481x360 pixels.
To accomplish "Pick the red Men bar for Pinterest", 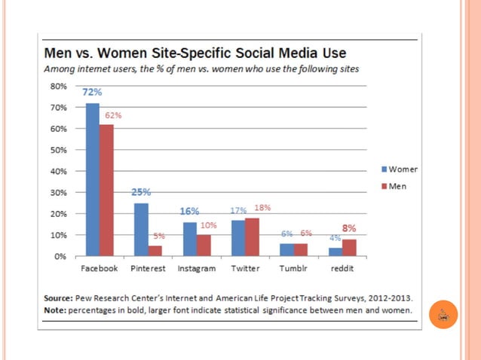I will click(x=155, y=251).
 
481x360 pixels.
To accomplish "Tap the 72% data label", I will click(x=92, y=92).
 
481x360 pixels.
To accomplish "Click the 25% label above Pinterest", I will click(x=141, y=192).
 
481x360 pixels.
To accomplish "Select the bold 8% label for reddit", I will click(x=350, y=227).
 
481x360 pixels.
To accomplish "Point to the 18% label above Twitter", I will click(x=262, y=208).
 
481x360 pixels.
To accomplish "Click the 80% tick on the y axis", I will click(x=58, y=86).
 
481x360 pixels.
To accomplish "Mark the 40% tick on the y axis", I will click(x=58, y=171).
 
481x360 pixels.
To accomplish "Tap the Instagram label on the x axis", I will click(x=196, y=268).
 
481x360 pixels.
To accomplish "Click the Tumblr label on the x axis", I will click(x=293, y=268).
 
